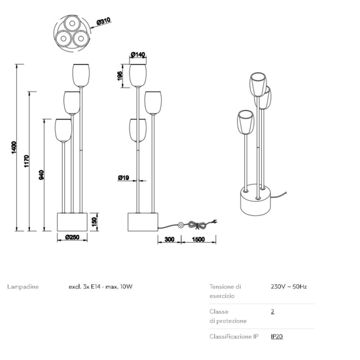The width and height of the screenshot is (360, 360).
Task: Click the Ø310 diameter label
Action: (104, 22)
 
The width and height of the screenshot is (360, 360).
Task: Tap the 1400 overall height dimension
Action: (14, 148)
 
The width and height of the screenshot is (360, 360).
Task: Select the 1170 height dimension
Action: (27, 161)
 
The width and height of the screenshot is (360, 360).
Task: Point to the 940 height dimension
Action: (41, 175)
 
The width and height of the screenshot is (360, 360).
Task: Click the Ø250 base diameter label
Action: (72, 237)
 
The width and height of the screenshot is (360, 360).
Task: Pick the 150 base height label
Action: (94, 221)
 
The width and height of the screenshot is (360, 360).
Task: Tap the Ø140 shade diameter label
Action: (138, 54)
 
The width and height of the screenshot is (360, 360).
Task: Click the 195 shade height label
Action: (120, 76)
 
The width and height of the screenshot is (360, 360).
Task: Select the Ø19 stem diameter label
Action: (124, 177)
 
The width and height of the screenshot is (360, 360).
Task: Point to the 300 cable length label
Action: (170, 239)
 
